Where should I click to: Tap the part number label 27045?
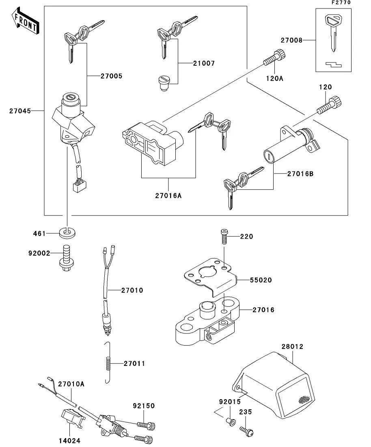[x=20, y=111]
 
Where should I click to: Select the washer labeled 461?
[x=67, y=233]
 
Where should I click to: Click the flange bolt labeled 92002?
[x=67, y=258]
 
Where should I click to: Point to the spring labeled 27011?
[x=108, y=363]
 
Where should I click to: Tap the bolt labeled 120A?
[x=274, y=57]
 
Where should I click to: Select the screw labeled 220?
[x=224, y=236]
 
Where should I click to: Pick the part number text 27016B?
[x=300, y=173]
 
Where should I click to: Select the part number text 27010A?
[x=71, y=384]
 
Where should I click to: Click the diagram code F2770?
[x=341, y=2]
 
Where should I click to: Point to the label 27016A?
[x=168, y=196]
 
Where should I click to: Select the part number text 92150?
[x=144, y=406]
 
